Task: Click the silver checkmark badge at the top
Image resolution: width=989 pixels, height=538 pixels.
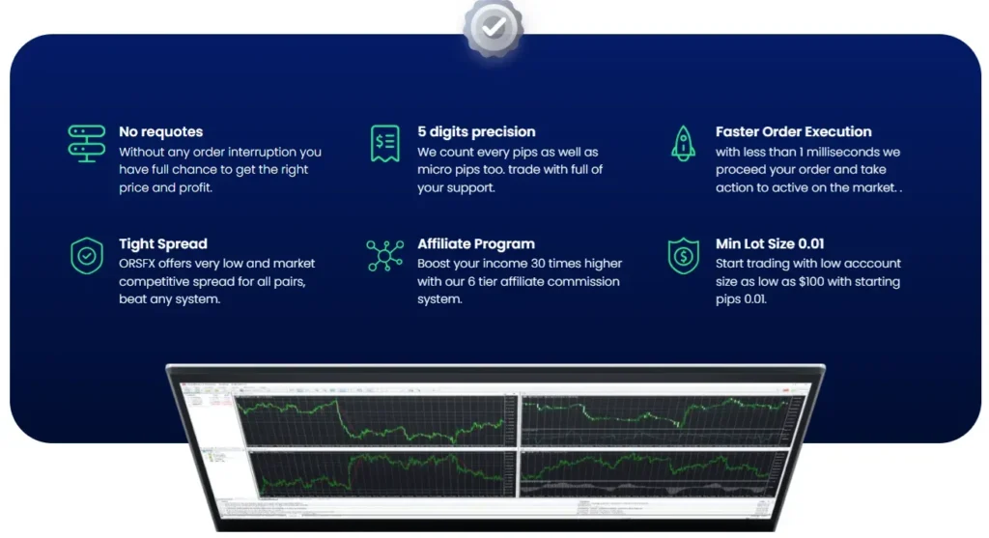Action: tap(493, 28)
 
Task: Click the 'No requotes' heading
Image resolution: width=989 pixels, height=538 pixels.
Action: tap(160, 131)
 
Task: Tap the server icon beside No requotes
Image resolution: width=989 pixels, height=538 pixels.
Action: tap(87, 142)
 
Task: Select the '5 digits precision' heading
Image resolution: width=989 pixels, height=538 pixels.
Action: tap(476, 131)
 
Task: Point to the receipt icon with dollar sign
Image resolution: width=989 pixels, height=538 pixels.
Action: tap(385, 143)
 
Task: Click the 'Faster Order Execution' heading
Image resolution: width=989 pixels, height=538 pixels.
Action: tap(793, 131)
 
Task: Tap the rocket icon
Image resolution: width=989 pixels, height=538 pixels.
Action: tap(683, 142)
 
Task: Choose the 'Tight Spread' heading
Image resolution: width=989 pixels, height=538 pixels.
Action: tap(162, 243)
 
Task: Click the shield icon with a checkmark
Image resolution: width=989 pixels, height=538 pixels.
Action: tap(87, 256)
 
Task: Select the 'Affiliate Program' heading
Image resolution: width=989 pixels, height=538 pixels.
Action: tap(475, 243)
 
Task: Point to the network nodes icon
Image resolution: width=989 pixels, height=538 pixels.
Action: tap(385, 255)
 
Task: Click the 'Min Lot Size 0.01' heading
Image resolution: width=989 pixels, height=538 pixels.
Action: tap(770, 243)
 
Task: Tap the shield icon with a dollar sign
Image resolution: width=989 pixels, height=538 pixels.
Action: tap(683, 256)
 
